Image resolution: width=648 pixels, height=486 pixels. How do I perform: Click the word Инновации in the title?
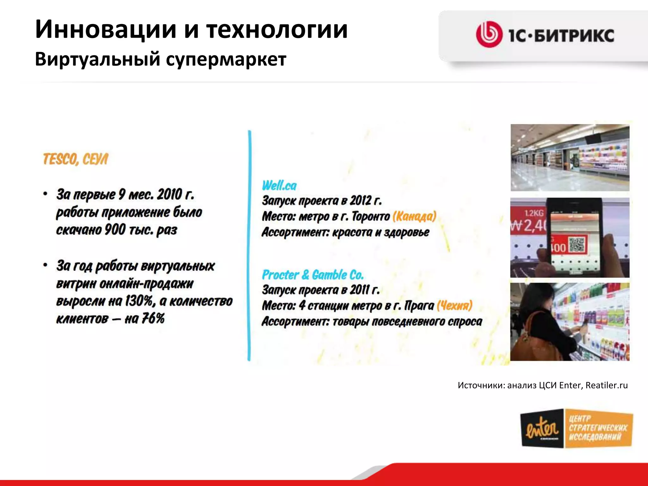(x=106, y=29)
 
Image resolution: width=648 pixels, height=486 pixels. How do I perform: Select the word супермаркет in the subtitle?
(x=226, y=59)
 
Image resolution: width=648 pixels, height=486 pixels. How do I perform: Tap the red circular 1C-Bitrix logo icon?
(x=489, y=34)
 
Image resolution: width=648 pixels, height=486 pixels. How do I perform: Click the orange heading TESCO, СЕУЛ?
(x=75, y=159)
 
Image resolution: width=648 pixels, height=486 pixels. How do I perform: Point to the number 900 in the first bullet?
(x=115, y=230)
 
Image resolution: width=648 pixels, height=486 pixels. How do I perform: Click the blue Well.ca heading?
(x=279, y=185)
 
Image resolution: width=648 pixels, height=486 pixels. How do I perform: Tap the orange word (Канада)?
(x=414, y=216)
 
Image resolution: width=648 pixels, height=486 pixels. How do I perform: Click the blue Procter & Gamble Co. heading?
(x=313, y=275)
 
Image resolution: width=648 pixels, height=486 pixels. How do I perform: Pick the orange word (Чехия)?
(x=454, y=305)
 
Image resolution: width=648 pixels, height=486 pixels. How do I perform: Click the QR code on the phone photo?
(x=577, y=245)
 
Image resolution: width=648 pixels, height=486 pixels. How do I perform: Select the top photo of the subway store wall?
(x=570, y=157)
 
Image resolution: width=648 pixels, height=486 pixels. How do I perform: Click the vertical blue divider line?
(x=249, y=245)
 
